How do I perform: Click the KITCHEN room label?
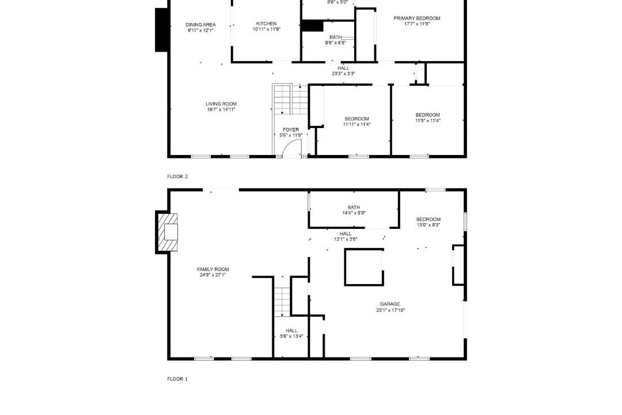tap(266, 24)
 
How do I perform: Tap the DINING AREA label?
tap(201, 25)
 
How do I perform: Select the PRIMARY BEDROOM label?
tap(416, 18)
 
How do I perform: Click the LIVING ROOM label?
tap(221, 104)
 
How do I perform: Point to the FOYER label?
tap(291, 130)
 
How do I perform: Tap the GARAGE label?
tap(390, 304)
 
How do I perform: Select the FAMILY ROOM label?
tap(213, 269)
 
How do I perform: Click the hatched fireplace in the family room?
tap(168, 232)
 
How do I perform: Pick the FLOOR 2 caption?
tap(177, 176)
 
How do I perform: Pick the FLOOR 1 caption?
tap(177, 379)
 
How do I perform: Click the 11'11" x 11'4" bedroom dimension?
tap(356, 124)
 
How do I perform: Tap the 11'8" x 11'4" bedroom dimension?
tap(427, 120)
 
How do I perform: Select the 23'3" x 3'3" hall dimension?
tap(343, 73)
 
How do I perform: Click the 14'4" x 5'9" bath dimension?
tap(354, 213)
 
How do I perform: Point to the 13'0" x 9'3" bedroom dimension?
tap(428, 225)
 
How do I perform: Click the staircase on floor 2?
tap(290, 99)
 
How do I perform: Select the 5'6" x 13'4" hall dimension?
tap(291, 337)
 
